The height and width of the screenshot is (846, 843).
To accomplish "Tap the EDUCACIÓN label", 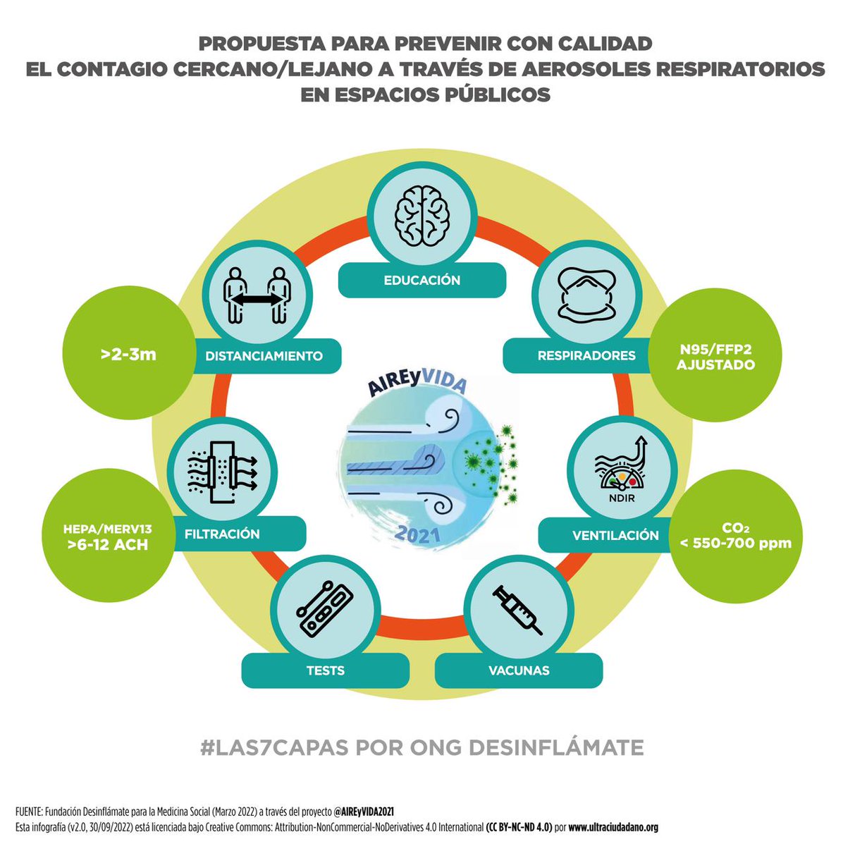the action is click(x=422, y=281).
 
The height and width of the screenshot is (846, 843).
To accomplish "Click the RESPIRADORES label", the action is click(x=586, y=355).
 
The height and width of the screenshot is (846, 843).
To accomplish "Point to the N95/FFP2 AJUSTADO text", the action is click(x=715, y=357).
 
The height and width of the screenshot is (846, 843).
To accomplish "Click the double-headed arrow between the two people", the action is click(x=257, y=300).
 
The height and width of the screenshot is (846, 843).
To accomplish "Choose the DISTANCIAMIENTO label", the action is click(x=264, y=356).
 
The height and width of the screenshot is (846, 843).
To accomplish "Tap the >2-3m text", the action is click(x=128, y=354).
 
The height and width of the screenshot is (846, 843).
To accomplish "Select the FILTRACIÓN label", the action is click(x=222, y=534).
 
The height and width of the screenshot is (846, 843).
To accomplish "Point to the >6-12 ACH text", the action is click(x=108, y=546).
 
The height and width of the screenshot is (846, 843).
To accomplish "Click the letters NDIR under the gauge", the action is click(x=621, y=498).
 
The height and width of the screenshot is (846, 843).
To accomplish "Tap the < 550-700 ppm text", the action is click(x=735, y=544).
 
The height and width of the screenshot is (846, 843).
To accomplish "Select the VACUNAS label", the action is click(x=519, y=671).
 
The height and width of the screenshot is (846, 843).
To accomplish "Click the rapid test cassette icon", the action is click(x=325, y=609).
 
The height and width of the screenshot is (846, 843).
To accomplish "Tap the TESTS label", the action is click(x=326, y=671).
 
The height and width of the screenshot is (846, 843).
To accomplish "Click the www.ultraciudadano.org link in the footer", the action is click(x=613, y=828).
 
